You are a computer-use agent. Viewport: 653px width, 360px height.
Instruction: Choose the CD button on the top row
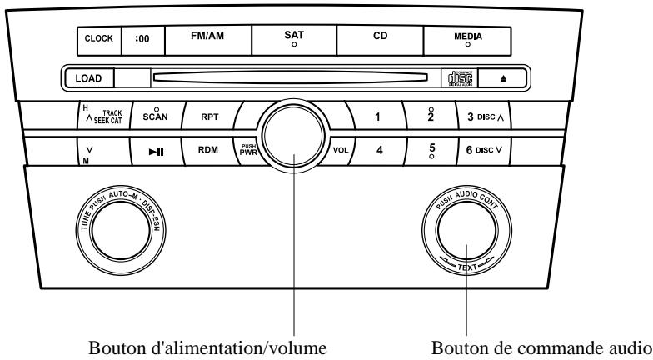click(x=380, y=37)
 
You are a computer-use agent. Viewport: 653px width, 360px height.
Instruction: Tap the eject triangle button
click(x=505, y=78)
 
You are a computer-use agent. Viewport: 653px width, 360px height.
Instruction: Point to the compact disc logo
click(x=456, y=78)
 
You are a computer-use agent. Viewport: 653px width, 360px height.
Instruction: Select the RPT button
click(x=208, y=117)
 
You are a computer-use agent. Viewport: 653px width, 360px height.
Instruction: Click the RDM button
click(x=208, y=152)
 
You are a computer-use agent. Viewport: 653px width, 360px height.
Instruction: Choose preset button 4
click(x=379, y=152)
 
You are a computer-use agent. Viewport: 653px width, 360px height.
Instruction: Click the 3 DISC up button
click(x=481, y=117)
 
